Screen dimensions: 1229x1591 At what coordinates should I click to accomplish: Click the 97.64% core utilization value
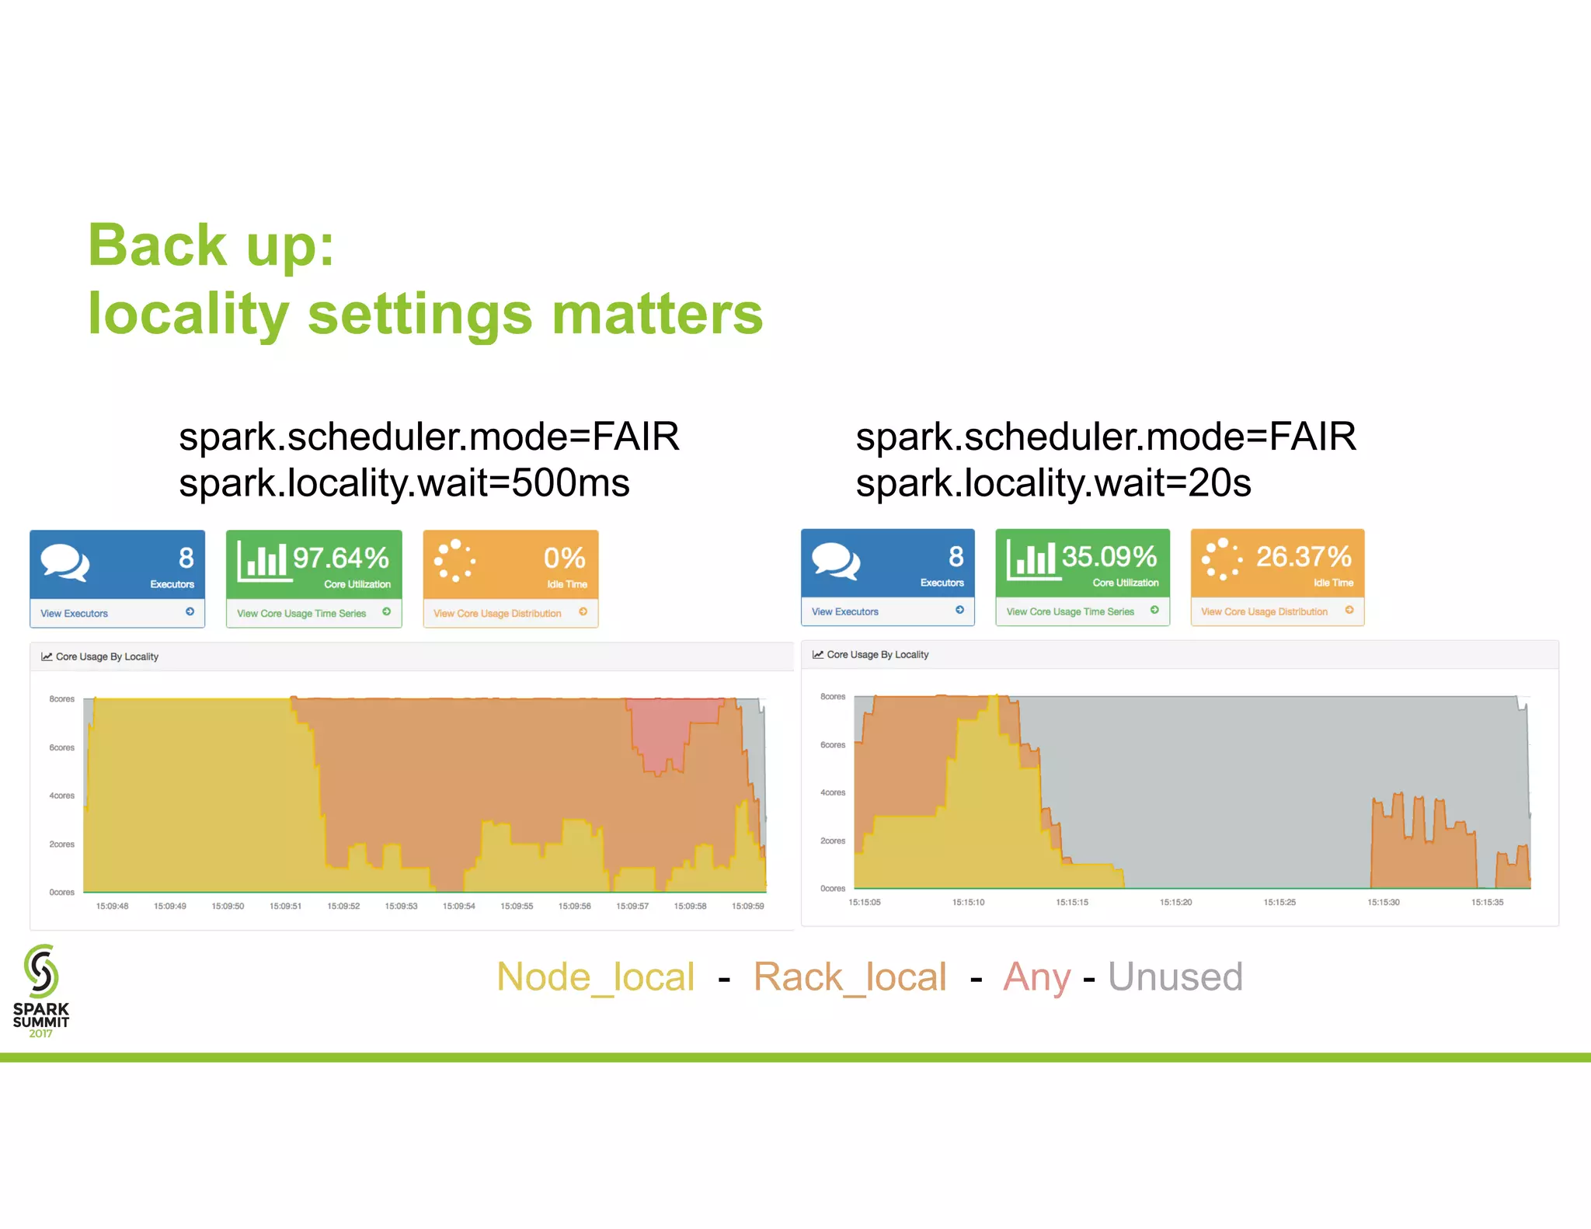point(340,558)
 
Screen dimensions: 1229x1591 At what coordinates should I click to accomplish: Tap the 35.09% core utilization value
point(1109,556)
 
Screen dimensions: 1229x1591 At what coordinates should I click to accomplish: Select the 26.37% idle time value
point(1304,556)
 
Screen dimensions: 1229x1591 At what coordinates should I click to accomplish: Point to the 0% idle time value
point(564,558)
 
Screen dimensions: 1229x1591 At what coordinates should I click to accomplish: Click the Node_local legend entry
point(595,977)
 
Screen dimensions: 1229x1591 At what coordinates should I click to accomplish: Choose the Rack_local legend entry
point(850,977)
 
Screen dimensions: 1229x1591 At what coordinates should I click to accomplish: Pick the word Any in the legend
point(1037,977)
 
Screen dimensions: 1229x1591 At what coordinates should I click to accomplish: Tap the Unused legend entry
point(1175,977)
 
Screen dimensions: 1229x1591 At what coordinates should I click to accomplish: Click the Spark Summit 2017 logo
point(41,991)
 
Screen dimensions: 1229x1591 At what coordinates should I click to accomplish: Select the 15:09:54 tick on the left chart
point(458,906)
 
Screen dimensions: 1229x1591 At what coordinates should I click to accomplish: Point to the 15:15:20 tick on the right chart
point(1175,902)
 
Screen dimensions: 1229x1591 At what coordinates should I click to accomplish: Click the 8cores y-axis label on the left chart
point(61,699)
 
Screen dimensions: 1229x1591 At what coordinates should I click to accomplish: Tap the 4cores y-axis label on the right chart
point(832,792)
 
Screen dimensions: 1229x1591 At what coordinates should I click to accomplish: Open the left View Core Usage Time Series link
point(301,614)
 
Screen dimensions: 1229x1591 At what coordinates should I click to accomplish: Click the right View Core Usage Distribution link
point(1264,612)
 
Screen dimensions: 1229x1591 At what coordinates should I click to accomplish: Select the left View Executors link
point(75,614)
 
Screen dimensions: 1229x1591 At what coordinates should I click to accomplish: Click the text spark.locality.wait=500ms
point(404,483)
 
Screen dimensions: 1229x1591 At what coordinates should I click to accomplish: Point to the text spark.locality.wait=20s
point(1053,483)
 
